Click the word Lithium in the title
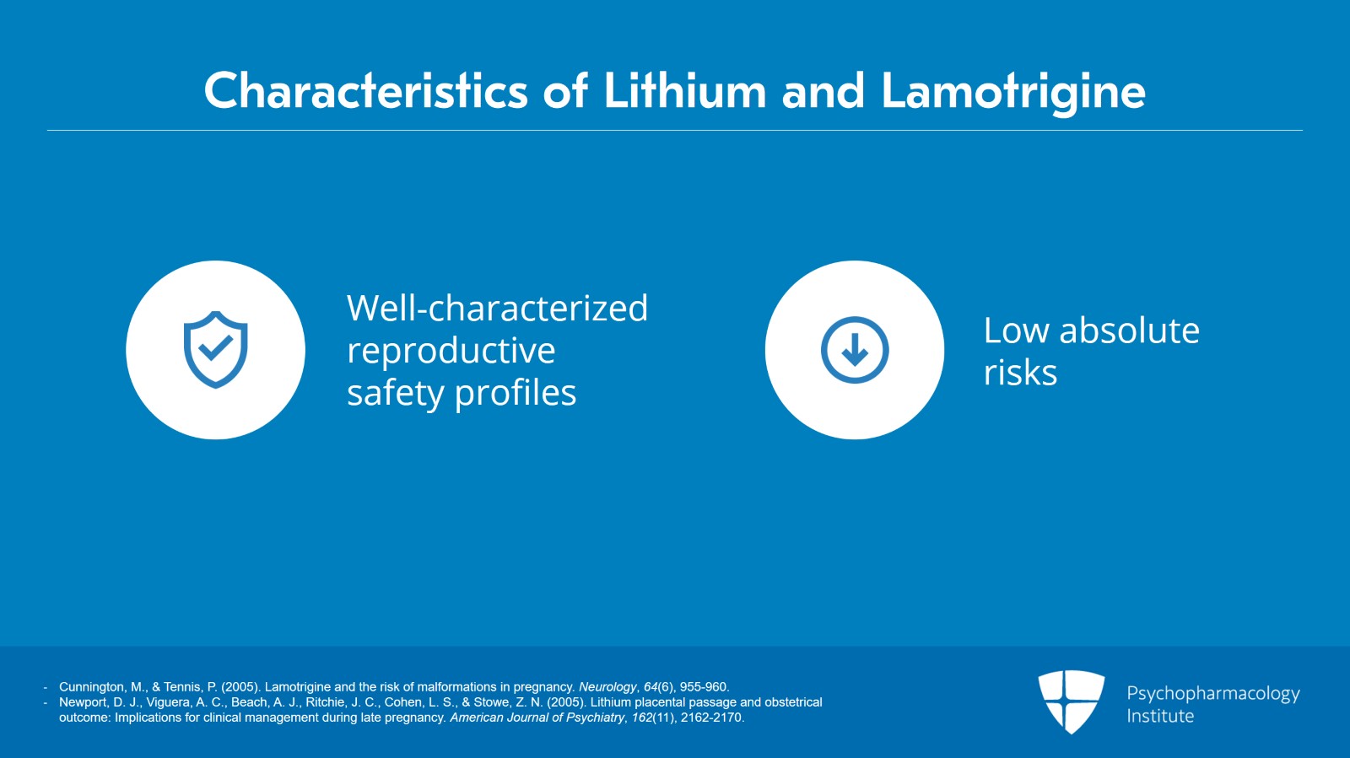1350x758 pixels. [684, 91]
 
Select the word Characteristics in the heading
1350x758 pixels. [365, 91]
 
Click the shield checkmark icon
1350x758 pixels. [216, 349]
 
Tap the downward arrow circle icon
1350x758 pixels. [855, 350]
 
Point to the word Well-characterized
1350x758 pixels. [497, 309]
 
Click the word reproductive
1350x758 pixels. [451, 351]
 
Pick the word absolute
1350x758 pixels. [1129, 331]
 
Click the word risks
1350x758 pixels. [1020, 373]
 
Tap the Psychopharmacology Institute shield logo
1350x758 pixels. [1071, 702]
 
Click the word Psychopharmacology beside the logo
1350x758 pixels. [1212, 694]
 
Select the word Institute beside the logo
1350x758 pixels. [1160, 716]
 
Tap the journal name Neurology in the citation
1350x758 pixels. [607, 687]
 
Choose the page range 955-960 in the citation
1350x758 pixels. [704, 687]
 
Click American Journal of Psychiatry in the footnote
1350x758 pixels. [537, 718]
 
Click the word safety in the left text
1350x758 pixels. [395, 393]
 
